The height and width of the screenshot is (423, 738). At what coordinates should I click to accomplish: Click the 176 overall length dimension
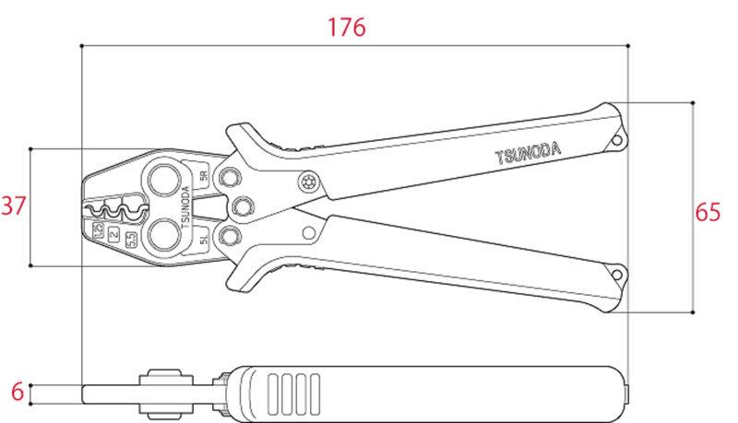[347, 27]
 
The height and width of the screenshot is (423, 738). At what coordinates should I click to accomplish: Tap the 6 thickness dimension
[17, 391]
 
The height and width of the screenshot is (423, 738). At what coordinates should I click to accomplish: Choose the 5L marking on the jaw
[204, 242]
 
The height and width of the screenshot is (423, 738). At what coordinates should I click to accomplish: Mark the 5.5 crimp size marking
[131, 240]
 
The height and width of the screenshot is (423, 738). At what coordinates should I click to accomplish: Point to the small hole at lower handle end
[616, 273]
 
